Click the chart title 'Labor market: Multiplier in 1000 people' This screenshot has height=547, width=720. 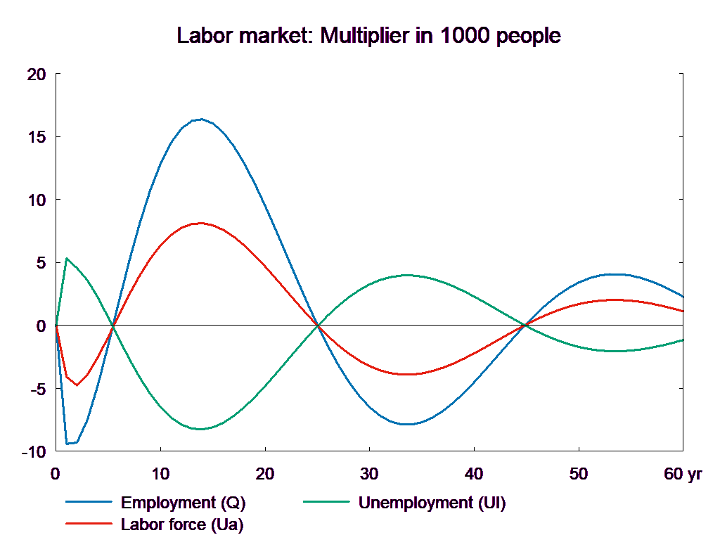pos(369,36)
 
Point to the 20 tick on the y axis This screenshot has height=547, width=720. pos(36,75)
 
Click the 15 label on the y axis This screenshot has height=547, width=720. pos(37,137)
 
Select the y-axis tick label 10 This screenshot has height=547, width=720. pos(37,200)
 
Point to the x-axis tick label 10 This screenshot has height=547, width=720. pos(160,474)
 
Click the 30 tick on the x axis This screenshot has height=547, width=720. pos(369,474)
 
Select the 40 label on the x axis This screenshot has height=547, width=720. pos(474,474)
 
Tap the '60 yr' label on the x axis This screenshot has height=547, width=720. pos(683,474)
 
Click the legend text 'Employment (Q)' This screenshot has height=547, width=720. pos(184,503)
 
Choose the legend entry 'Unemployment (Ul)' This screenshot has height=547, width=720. pos(432,503)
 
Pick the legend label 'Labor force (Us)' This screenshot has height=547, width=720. pos(182,525)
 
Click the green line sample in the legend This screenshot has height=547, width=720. pos(326,503)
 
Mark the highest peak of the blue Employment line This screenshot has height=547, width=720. pos(202,120)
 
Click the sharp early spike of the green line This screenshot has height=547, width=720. pos(66,259)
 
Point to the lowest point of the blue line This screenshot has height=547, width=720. pos(67,444)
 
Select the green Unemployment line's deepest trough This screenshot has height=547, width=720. pos(200,429)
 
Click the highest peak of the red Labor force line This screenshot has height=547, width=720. pos(201,223)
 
